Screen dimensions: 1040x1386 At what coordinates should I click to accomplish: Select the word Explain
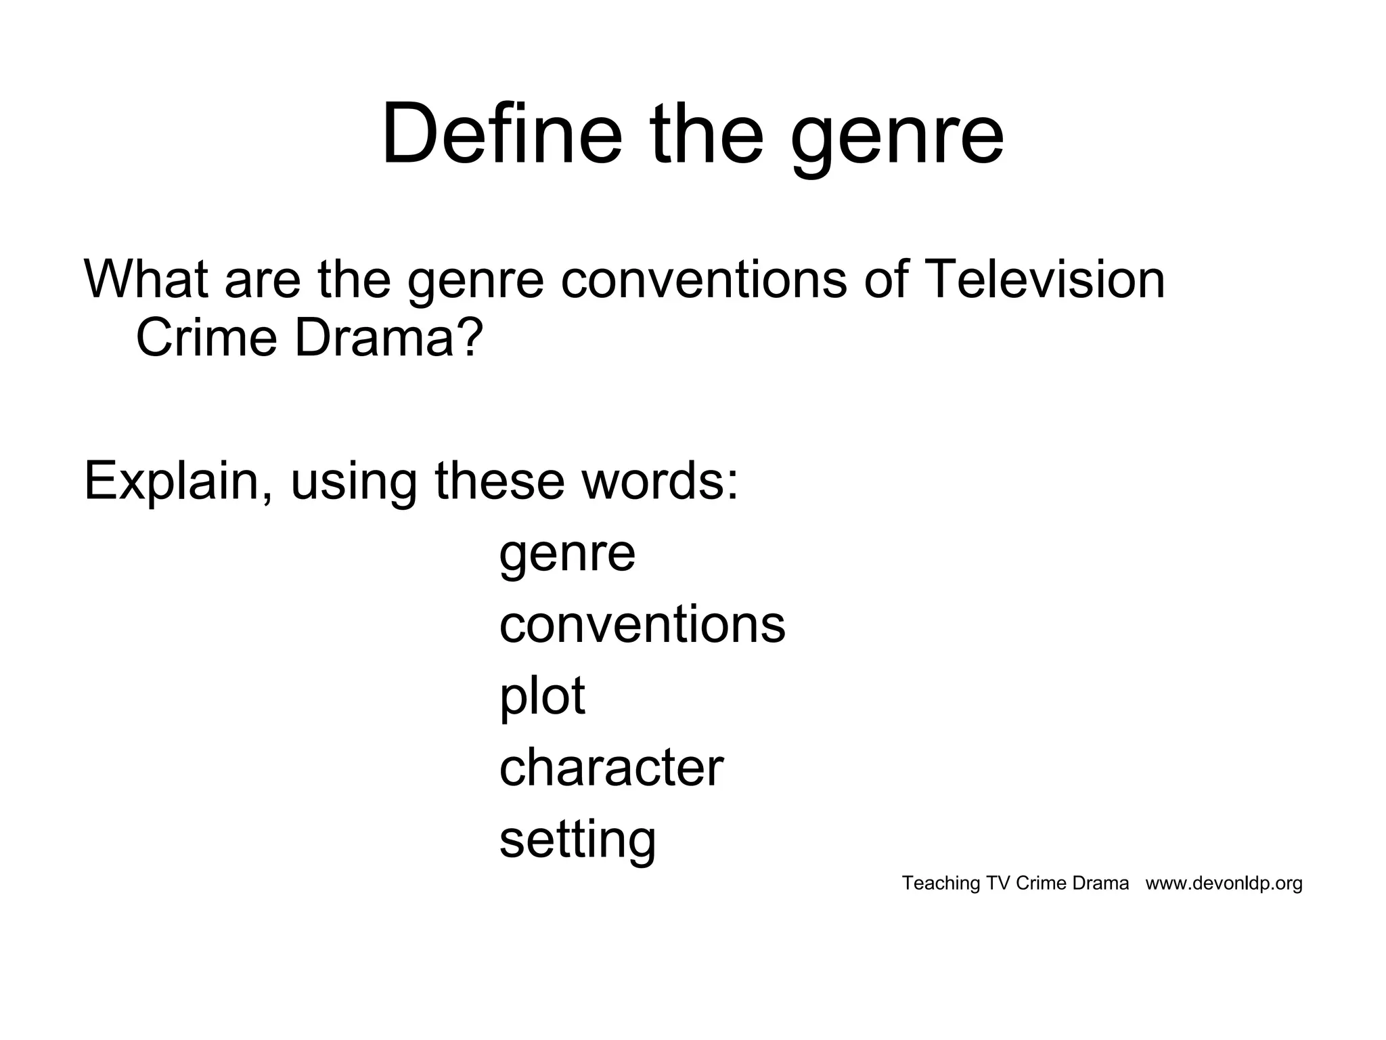click(x=178, y=482)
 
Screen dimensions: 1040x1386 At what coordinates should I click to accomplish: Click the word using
click(x=353, y=485)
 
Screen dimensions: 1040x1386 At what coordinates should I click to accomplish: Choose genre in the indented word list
click(x=567, y=555)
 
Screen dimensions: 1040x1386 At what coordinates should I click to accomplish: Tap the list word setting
click(x=577, y=841)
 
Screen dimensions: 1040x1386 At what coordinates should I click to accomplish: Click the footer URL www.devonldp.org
click(x=1224, y=884)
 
